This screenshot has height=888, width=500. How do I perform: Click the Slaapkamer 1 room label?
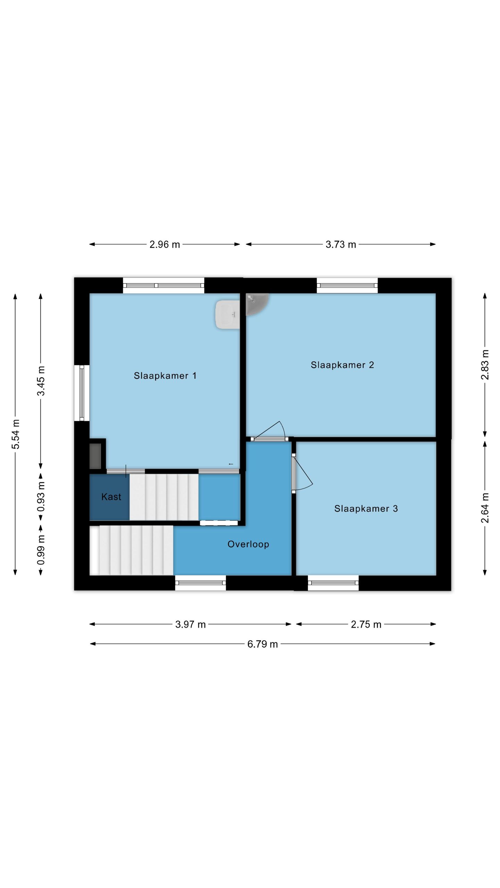[165, 376]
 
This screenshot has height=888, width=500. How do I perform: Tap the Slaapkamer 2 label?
[342, 365]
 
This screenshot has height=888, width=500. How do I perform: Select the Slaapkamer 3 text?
[366, 509]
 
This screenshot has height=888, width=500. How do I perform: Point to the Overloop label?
[248, 544]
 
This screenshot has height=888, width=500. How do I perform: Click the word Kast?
[111, 497]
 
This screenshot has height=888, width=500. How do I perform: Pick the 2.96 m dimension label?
[165, 245]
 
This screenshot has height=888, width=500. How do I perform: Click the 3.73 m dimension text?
[341, 245]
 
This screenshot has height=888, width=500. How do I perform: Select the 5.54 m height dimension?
[16, 434]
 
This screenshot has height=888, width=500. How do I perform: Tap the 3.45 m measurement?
[41, 381]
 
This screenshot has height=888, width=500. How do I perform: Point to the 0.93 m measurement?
[41, 497]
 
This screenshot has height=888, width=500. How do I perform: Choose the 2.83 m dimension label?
[485, 365]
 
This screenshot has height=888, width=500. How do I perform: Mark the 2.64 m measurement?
[485, 508]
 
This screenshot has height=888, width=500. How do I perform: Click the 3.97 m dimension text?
[190, 624]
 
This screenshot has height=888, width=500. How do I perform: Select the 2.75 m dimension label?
[366, 624]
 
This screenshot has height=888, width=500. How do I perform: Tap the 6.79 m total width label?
[262, 644]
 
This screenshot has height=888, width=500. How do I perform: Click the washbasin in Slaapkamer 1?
[227, 314]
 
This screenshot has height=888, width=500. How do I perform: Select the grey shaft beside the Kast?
[95, 456]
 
